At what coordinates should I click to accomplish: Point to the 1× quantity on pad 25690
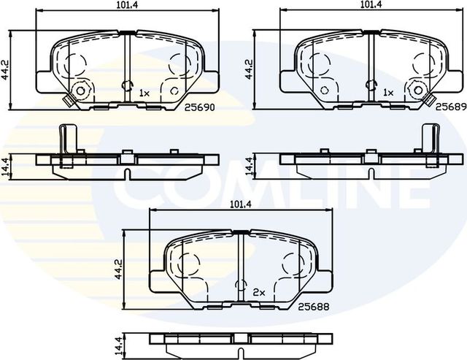144,93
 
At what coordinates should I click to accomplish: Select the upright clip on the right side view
429,138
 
